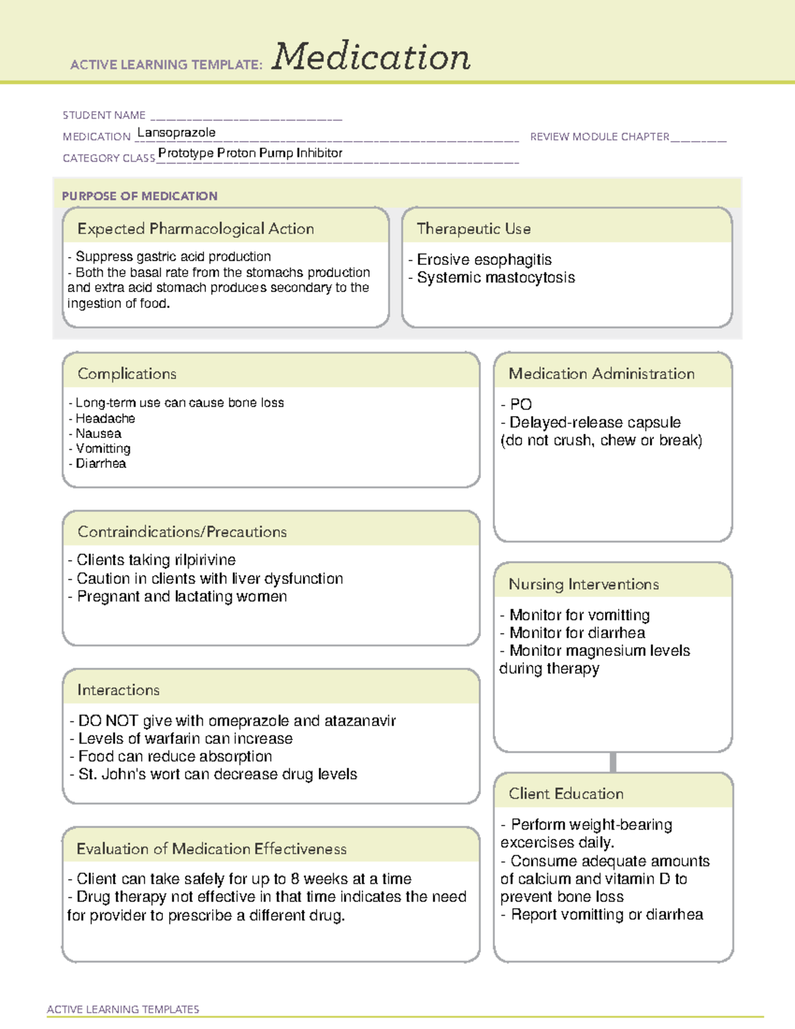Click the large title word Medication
tap(371, 57)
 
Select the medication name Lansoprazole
tap(176, 133)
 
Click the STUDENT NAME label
tap(104, 115)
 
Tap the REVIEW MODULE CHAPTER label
tap(600, 137)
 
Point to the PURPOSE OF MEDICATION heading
tap(140, 196)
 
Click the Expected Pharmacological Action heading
tap(195, 229)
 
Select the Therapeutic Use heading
tap(474, 229)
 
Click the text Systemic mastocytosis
tap(496, 278)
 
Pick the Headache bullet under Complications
tap(105, 419)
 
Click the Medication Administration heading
tap(602, 374)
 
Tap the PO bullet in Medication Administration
tap(521, 404)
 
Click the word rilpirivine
tap(205, 560)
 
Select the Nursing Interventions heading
tap(584, 584)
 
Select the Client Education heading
tap(566, 794)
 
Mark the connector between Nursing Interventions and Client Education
tap(613, 762)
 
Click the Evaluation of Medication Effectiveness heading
tap(211, 849)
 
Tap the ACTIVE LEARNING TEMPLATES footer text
tap(123, 1009)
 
